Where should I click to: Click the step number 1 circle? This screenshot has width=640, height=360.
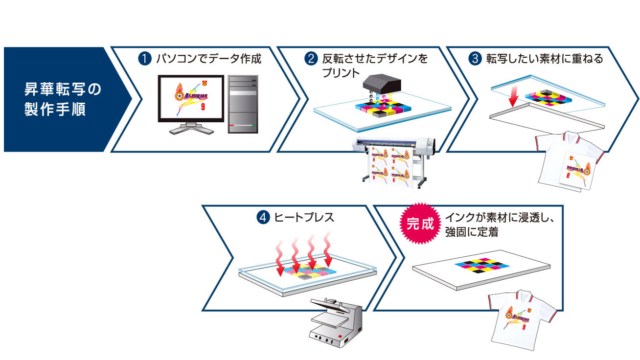point(144,59)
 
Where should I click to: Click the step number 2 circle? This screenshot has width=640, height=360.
point(311,59)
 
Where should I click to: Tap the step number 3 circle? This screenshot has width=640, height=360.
point(475,59)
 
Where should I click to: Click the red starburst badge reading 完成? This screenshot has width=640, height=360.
point(420,224)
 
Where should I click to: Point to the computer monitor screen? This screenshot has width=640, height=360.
point(191,98)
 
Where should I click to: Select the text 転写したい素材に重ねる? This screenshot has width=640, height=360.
point(544,59)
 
